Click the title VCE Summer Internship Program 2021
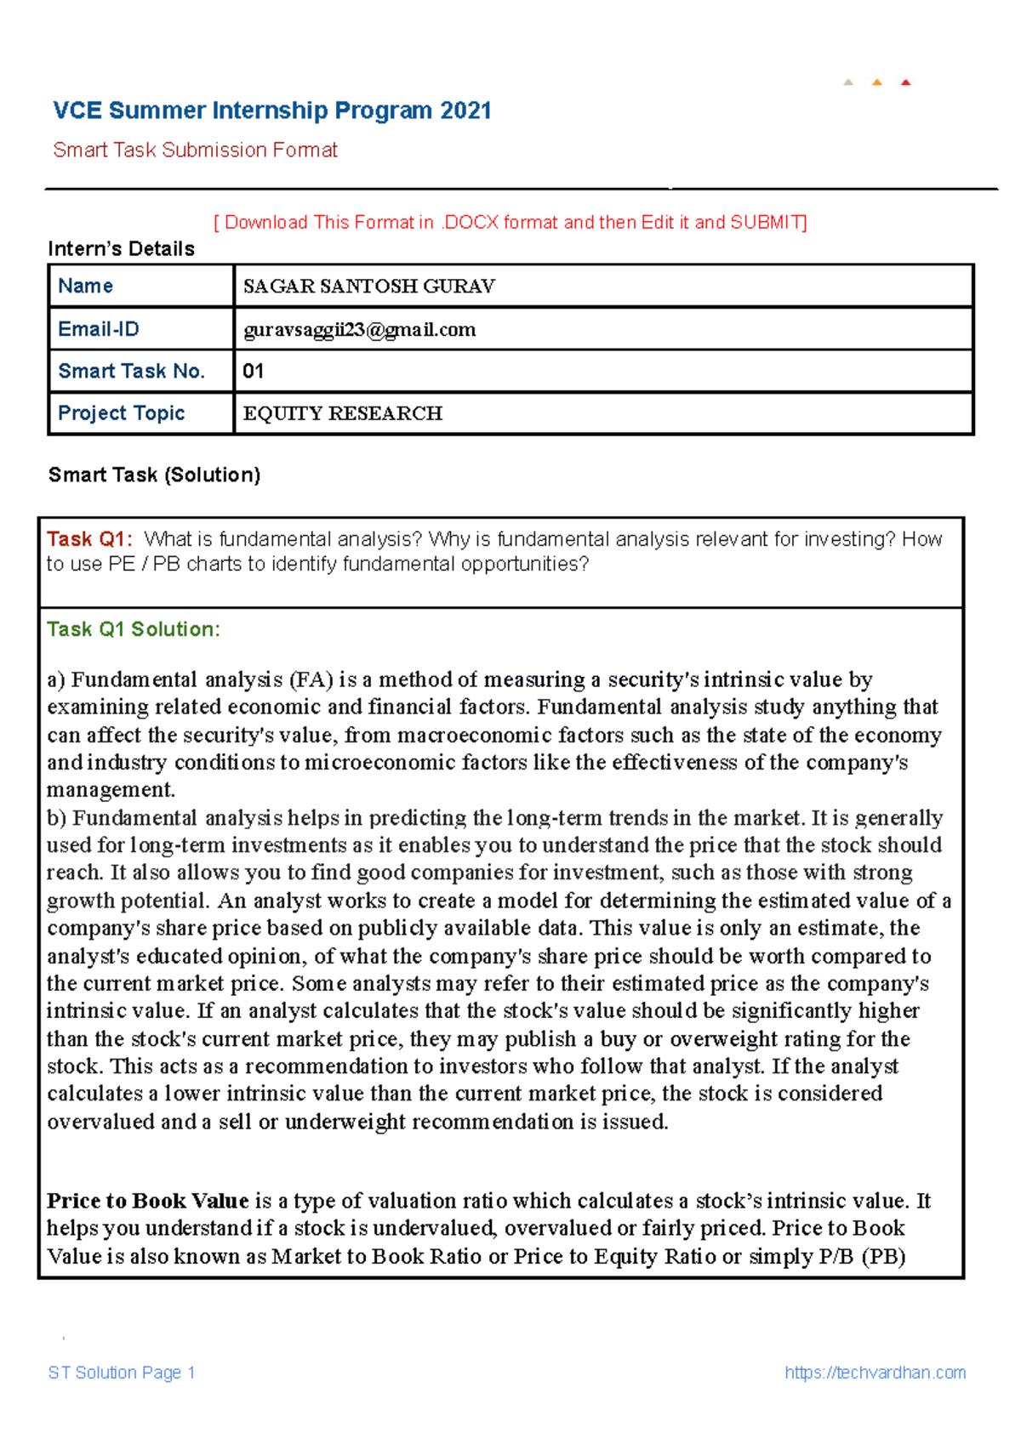(x=272, y=111)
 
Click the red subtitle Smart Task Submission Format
(x=195, y=151)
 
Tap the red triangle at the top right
(x=905, y=82)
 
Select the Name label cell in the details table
(x=85, y=286)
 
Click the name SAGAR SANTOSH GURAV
(x=368, y=287)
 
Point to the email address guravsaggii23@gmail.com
(x=359, y=330)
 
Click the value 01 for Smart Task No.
(x=253, y=371)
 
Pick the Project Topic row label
(x=121, y=413)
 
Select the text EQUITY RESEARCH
(x=342, y=413)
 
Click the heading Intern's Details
(x=121, y=248)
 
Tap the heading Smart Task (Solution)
(x=154, y=475)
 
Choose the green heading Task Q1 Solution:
(x=134, y=629)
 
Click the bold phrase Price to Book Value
(x=147, y=1201)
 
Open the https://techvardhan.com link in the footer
(x=875, y=1373)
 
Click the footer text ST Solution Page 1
(x=122, y=1373)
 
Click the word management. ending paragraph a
(x=111, y=790)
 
